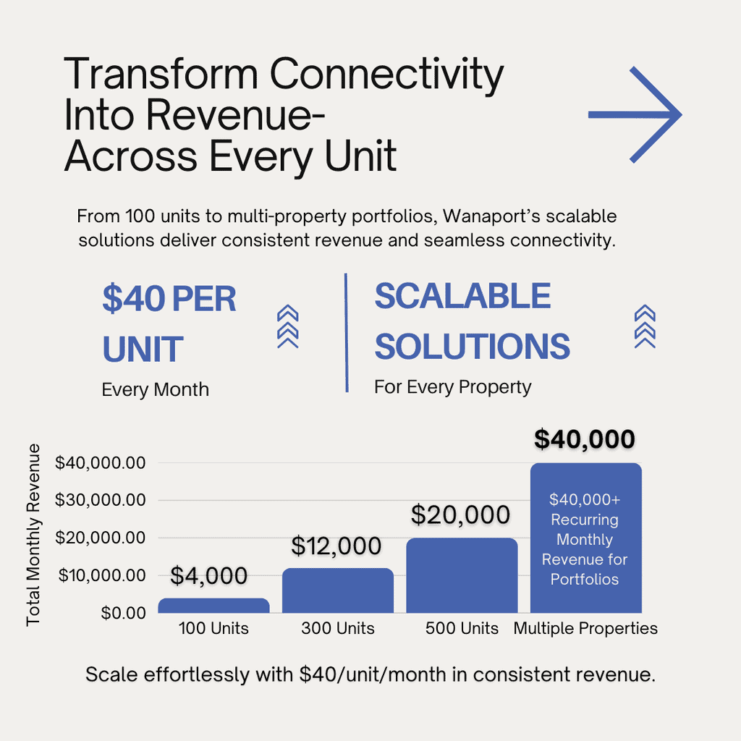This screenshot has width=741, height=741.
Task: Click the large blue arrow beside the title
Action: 635,115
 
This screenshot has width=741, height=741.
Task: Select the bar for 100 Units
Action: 213,606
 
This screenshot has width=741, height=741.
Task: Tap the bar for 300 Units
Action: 338,590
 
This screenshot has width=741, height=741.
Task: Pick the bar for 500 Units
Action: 462,575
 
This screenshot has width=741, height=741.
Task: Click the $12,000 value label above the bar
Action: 336,546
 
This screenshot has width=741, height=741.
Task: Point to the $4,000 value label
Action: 208,575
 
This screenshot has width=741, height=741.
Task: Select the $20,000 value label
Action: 460,515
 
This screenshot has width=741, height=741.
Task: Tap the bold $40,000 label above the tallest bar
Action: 585,439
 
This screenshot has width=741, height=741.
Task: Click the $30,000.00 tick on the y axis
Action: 100,499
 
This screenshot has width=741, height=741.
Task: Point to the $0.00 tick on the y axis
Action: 123,613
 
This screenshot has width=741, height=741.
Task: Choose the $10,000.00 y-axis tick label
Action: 101,575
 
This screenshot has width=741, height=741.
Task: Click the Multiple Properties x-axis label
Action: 585,628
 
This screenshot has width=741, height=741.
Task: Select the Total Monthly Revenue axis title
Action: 33,535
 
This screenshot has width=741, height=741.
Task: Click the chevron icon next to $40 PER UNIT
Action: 288,326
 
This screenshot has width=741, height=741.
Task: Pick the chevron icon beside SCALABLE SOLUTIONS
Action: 645,326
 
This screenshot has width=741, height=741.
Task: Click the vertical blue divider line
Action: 347,333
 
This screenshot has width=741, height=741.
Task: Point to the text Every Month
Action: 155,390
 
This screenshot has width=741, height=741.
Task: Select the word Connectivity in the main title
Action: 386,74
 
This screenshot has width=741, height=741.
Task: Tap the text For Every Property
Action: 453,387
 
